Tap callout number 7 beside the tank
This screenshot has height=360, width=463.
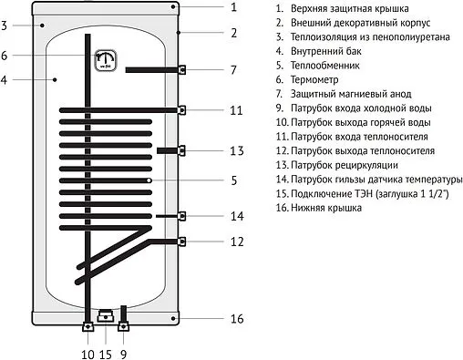click(x=233, y=69)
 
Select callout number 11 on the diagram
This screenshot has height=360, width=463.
click(x=236, y=110)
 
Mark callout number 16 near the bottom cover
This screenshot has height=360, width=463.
click(x=236, y=319)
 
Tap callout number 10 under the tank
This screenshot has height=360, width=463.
click(x=88, y=353)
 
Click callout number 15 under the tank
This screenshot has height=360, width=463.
click(x=106, y=353)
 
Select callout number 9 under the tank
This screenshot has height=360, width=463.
click(x=123, y=353)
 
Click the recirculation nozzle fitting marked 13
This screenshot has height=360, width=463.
click(x=182, y=149)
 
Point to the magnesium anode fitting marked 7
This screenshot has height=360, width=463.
click(x=183, y=69)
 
